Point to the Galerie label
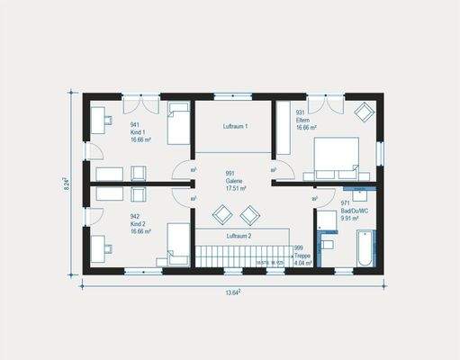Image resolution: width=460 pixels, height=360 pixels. tap(236, 181)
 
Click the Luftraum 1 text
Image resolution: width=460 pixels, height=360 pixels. tap(235, 126)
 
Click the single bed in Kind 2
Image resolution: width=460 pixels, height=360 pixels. tap(178, 244)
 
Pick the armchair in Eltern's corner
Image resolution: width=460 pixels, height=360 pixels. tap(364, 112)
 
